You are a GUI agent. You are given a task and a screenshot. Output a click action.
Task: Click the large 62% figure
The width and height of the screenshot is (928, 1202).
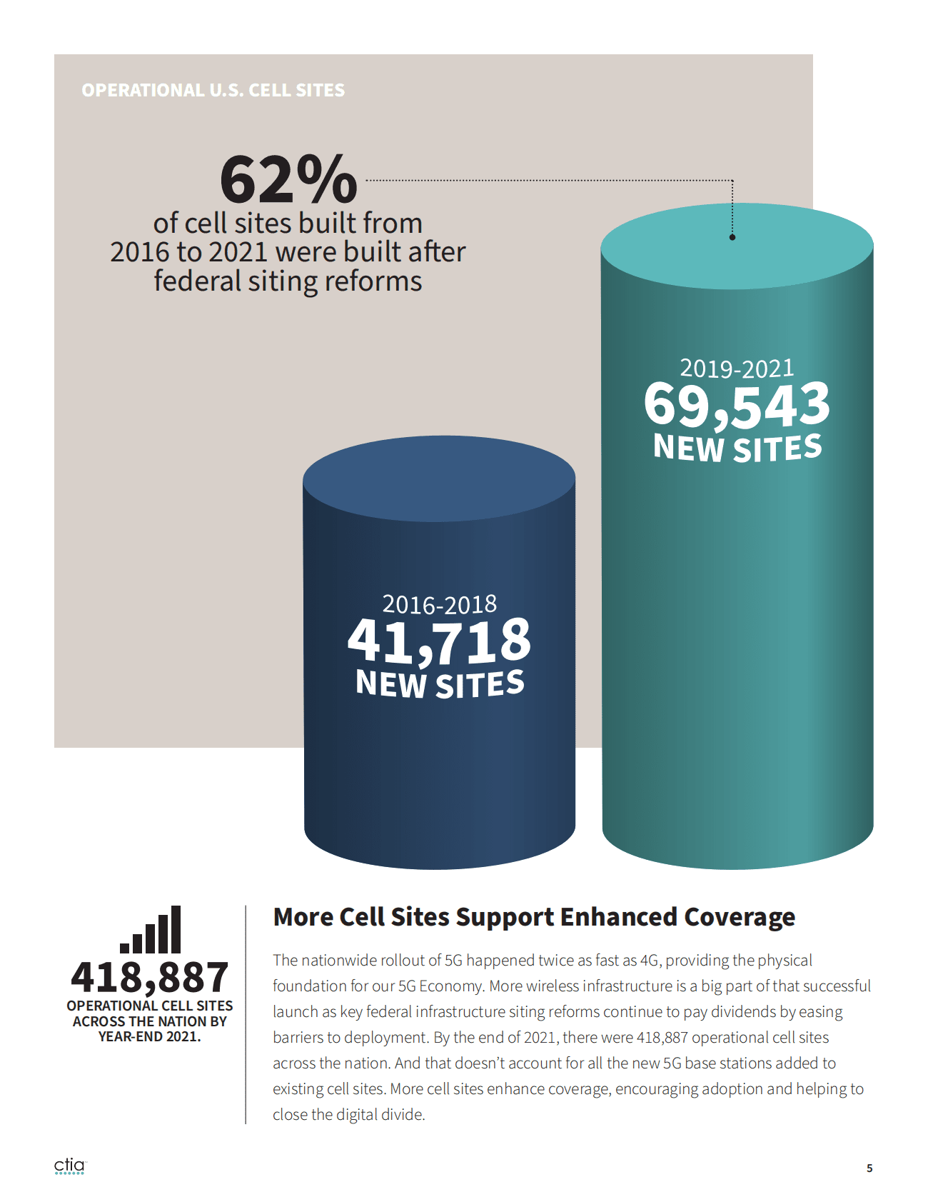[288, 179]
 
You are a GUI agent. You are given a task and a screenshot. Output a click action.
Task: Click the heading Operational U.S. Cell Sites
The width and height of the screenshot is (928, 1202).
[213, 91]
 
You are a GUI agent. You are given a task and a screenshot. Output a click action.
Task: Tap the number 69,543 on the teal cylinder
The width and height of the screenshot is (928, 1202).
[737, 405]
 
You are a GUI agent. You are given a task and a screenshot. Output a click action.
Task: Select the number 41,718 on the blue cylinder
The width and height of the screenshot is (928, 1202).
[439, 641]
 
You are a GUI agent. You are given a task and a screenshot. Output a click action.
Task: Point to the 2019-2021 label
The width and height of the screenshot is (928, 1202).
[737, 369]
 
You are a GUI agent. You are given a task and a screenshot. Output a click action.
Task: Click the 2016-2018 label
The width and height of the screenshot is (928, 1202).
[439, 605]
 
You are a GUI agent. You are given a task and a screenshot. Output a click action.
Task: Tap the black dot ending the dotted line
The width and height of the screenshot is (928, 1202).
[732, 237]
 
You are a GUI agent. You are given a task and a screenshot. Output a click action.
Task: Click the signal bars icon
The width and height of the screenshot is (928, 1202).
[151, 930]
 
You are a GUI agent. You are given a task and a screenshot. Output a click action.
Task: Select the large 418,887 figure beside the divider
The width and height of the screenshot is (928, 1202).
[150, 977]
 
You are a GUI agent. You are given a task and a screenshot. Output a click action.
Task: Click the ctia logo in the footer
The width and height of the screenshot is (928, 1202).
[69, 1166]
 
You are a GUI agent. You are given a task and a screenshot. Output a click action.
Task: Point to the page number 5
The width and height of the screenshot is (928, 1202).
[869, 1168]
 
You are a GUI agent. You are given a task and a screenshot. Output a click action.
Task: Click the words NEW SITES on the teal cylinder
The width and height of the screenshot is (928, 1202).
[737, 448]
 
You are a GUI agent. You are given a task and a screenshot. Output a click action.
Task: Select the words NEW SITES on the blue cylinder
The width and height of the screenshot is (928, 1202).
[440, 683]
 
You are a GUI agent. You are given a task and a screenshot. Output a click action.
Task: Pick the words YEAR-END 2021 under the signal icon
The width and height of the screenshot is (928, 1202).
[148, 1036]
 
